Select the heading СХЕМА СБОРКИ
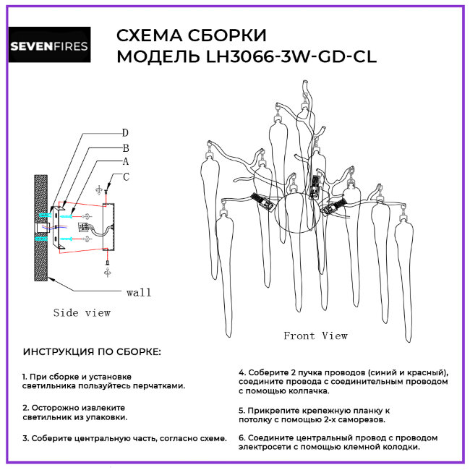pyautogui.click(x=191, y=36)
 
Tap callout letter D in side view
pyautogui.click(x=125, y=132)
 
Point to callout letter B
pyautogui.click(x=125, y=147)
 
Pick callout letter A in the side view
pyautogui.click(x=125, y=161)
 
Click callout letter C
pyautogui.click(x=126, y=176)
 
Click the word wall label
pyautogui.click(x=139, y=292)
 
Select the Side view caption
pyautogui.click(x=82, y=312)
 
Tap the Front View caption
pyautogui.click(x=315, y=336)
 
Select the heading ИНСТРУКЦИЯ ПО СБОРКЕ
pyautogui.click(x=93, y=352)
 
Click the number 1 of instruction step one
pyautogui.click(x=24, y=377)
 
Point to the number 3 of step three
pyautogui.click(x=25, y=438)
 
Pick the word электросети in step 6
pyautogui.click(x=265, y=447)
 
